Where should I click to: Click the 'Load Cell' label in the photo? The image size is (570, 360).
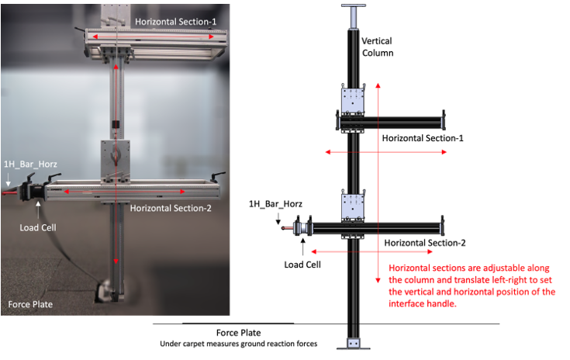tap(38, 228)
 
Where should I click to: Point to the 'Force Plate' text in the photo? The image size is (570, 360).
tap(30, 304)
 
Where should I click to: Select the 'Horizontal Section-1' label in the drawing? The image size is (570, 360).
tap(423, 138)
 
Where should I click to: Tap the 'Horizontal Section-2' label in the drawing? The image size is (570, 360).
tap(425, 243)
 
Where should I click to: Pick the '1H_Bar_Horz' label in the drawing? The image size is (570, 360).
tap(275, 204)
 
